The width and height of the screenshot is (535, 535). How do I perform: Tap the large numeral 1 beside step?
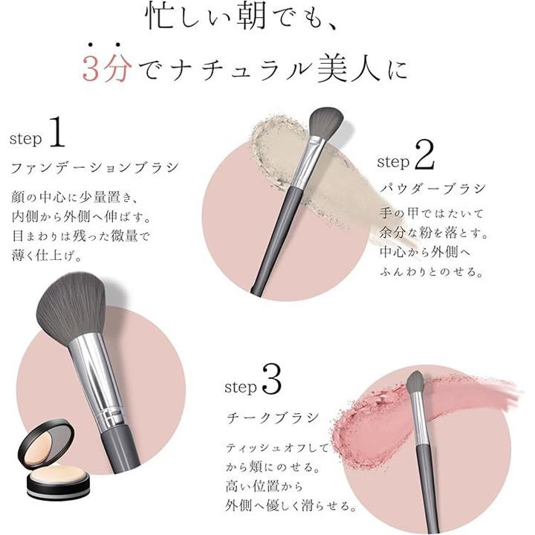(x=57, y=132)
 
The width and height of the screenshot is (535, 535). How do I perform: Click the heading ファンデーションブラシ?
(x=94, y=168)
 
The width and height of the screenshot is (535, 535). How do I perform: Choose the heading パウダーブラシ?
(x=432, y=188)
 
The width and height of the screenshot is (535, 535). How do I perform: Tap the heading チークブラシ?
(x=273, y=418)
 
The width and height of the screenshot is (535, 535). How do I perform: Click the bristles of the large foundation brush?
(x=71, y=304)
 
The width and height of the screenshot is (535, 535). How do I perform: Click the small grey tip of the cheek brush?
(x=415, y=381)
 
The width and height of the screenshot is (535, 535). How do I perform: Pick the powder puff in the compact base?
(x=56, y=477)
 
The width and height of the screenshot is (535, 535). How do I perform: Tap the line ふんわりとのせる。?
(x=432, y=272)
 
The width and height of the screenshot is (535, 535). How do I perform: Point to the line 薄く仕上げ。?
(x=46, y=256)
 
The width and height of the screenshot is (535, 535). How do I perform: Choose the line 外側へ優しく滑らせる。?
(x=291, y=505)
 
